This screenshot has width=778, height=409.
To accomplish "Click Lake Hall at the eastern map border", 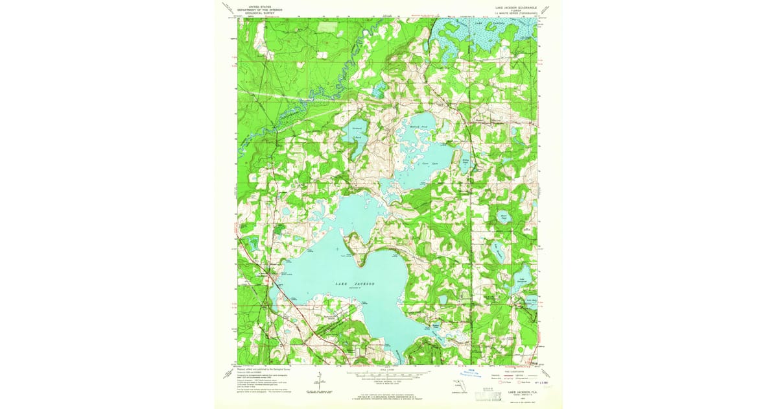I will tap(531, 301).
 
